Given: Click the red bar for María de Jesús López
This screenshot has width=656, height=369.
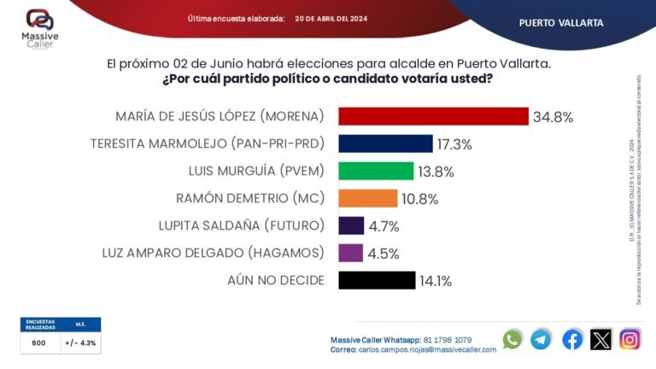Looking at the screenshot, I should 433,116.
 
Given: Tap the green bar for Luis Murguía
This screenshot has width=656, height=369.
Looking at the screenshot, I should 376,171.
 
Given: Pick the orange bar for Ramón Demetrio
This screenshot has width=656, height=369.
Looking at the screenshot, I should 368,198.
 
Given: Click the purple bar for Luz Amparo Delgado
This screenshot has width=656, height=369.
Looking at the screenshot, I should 351,253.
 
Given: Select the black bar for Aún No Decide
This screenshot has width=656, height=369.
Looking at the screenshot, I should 376,280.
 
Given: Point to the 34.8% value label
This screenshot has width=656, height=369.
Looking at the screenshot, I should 553,117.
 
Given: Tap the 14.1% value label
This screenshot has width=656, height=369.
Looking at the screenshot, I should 435,281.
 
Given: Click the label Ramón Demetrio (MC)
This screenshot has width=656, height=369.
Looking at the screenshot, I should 251,198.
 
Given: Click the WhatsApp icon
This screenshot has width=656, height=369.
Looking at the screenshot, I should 512,339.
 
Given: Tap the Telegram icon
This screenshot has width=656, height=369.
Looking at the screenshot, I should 541,339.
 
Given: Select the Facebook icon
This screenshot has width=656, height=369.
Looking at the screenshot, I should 572,339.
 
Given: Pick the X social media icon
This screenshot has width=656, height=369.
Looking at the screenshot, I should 601,339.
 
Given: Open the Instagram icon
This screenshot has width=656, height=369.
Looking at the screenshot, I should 630,339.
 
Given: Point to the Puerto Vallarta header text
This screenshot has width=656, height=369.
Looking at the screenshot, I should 560,22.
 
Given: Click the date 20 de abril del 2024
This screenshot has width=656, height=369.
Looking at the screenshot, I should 331,18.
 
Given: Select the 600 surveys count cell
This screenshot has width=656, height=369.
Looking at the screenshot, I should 39,343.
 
